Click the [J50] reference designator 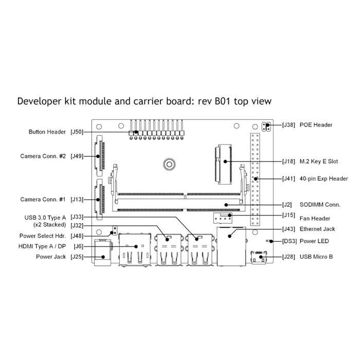click(77, 132)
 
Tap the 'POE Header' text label click(316, 125)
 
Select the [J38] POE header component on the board click(266, 127)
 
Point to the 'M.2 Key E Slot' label click(319, 161)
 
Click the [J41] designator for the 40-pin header click(289, 178)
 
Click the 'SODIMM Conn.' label click(320, 205)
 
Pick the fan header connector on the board click(223, 218)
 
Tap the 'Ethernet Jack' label click(317, 229)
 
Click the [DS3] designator click(290, 241)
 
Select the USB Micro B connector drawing click(259, 257)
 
